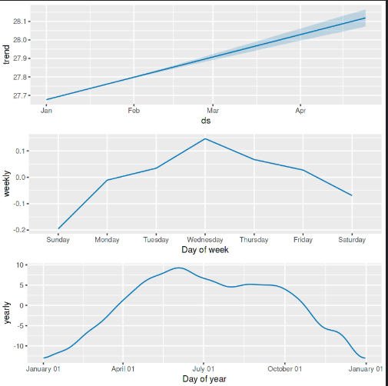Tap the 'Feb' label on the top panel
tap(134, 111)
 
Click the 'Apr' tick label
tap(300, 111)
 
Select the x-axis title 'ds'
tap(205, 121)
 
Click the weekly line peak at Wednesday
tap(205, 138)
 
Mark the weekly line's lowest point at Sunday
tap(58, 229)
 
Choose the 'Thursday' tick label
tap(254, 240)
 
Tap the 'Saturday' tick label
tap(351, 240)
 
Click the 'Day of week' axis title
tap(205, 250)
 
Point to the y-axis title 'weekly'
tap(8, 184)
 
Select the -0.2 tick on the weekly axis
tap(22, 230)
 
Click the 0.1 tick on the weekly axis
tap(23, 151)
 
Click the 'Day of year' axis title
tap(205, 379)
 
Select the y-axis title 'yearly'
tap(8, 312)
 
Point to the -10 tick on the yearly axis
tap(22, 346)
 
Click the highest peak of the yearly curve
tap(178, 268)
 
